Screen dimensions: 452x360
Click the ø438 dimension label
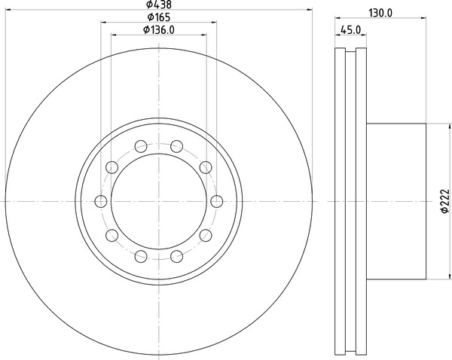pyautogui.click(x=158, y=4)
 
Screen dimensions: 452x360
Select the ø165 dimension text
pyautogui.click(x=159, y=17)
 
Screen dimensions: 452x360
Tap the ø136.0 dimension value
pyautogui.click(x=159, y=29)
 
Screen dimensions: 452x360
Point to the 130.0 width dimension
pyautogui.click(x=380, y=13)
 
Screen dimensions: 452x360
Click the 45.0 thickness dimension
pyautogui.click(x=350, y=29)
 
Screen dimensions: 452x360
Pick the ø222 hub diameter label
pyautogui.click(x=445, y=201)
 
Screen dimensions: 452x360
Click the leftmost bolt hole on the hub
pyautogui.click(x=101, y=201)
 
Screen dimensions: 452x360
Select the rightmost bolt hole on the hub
pyautogui.click(x=217, y=201)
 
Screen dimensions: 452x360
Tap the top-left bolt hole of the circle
pyautogui.click(x=141, y=146)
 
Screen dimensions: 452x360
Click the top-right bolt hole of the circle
pyautogui.click(x=177, y=146)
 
